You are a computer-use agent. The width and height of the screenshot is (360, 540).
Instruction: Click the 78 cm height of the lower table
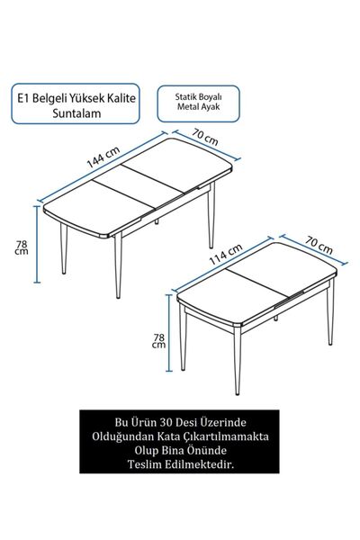[157, 339]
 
